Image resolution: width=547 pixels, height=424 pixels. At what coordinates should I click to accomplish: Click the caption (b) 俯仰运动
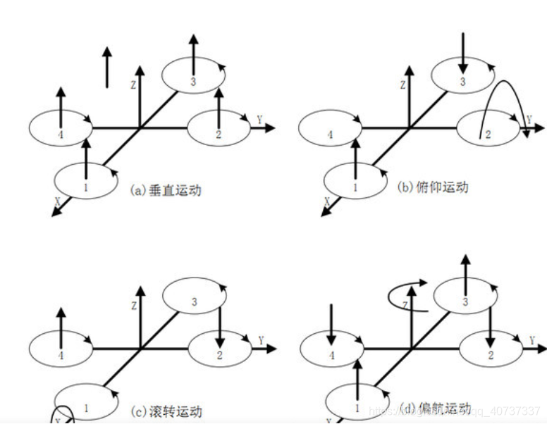point(433,187)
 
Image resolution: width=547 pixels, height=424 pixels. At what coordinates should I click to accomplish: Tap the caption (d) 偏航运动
point(436,409)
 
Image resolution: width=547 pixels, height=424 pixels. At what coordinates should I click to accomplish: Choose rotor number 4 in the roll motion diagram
point(61,355)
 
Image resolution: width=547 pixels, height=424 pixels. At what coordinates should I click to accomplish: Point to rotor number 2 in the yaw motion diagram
point(490,354)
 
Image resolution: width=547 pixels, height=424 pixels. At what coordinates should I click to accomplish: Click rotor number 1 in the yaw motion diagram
point(357,407)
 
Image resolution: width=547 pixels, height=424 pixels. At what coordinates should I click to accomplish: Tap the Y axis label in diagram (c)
point(261,341)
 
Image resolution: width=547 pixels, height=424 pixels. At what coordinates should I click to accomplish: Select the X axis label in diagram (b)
point(327,200)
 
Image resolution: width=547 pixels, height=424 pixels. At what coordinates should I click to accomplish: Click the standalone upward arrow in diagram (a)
point(106,67)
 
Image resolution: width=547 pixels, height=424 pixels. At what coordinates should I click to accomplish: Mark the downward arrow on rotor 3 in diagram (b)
point(462,53)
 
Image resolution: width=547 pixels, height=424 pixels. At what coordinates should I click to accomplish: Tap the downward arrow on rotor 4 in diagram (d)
point(331,324)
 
